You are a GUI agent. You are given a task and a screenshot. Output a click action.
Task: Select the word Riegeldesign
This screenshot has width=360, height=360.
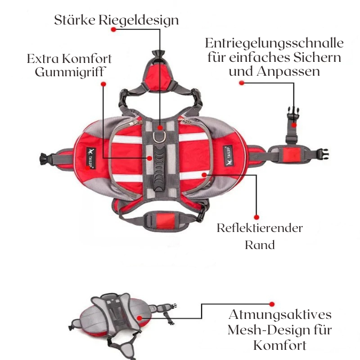click(139, 21)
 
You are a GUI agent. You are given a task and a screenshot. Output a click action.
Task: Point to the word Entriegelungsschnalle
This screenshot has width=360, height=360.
click(274, 43)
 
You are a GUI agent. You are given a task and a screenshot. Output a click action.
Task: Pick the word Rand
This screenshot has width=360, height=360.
click(260, 245)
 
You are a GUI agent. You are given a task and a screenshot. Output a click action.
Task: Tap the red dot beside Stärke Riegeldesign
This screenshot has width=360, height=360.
click(113, 30)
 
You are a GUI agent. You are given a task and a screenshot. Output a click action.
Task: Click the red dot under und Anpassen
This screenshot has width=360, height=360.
click(242, 83)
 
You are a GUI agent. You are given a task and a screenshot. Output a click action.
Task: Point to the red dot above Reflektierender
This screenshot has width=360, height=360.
click(257, 217)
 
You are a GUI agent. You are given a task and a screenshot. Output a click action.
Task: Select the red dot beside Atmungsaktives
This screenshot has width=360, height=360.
click(272, 303)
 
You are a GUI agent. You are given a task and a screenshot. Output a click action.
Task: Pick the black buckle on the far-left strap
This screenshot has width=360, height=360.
click(44, 158)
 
